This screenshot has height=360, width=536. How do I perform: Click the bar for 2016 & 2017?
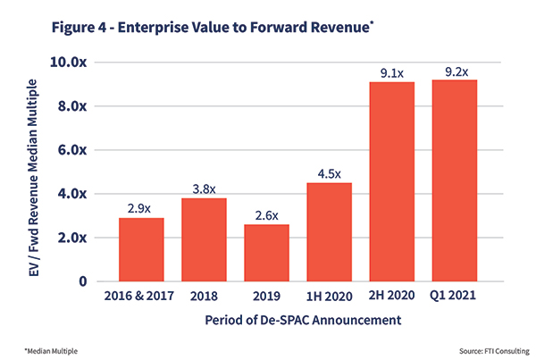click(x=141, y=249)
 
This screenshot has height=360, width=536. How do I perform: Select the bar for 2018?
click(x=204, y=239)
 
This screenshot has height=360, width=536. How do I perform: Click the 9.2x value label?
click(x=454, y=70)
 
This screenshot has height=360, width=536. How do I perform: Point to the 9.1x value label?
click(x=391, y=71)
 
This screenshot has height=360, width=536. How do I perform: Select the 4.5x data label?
click(x=329, y=172)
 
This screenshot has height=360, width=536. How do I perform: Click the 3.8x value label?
click(x=204, y=188)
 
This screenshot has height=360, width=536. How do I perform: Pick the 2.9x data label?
click(x=141, y=207)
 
